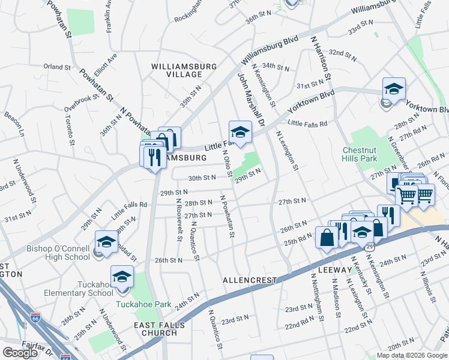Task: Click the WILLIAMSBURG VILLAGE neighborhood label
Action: [177, 70]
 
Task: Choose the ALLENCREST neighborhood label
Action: [249, 280]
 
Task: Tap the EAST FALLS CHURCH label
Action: [159, 329]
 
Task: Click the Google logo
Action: [20, 352]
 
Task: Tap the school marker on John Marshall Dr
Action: [240, 131]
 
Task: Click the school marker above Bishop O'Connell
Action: [106, 242]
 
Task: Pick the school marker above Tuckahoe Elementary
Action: [122, 276]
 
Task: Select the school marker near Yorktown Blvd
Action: [394, 88]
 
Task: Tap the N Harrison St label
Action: [322, 60]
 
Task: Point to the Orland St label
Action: [58, 67]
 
